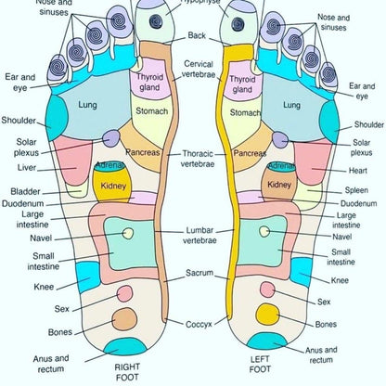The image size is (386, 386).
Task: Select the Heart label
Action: (x=362, y=170)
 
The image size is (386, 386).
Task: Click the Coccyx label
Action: (x=199, y=324)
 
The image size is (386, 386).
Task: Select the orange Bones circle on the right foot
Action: (x=123, y=318)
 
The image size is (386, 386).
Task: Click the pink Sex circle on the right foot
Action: (x=123, y=293)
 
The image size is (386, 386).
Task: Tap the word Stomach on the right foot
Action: (x=151, y=111)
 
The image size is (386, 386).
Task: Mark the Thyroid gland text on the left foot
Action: (x=242, y=84)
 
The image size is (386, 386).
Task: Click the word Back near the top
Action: (x=197, y=35)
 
